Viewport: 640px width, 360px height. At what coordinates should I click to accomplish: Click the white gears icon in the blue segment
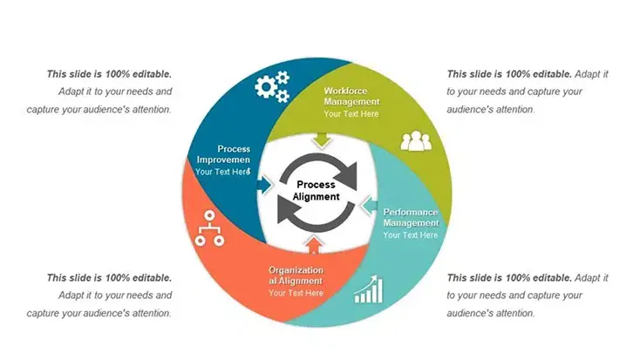[x=271, y=87]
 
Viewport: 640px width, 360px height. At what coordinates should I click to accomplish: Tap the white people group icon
[x=416, y=139]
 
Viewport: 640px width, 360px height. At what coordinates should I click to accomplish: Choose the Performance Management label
[x=411, y=217]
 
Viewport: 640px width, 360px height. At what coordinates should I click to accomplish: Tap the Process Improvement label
[x=223, y=154]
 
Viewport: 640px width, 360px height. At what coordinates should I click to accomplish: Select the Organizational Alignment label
[x=296, y=275]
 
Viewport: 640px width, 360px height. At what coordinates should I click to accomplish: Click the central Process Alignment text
[x=316, y=190]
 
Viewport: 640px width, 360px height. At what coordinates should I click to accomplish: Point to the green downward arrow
[x=323, y=139]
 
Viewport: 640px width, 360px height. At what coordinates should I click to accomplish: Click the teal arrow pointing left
[x=368, y=207]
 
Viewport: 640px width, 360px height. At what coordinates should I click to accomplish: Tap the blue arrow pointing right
[x=264, y=185]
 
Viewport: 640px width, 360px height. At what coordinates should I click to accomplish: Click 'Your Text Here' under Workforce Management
[x=351, y=114]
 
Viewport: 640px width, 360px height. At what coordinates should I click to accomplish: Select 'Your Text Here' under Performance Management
[x=411, y=235]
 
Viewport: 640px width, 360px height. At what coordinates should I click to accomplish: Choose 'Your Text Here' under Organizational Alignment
[x=296, y=293]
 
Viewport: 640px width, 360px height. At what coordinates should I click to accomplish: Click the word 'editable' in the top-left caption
[x=151, y=74]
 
